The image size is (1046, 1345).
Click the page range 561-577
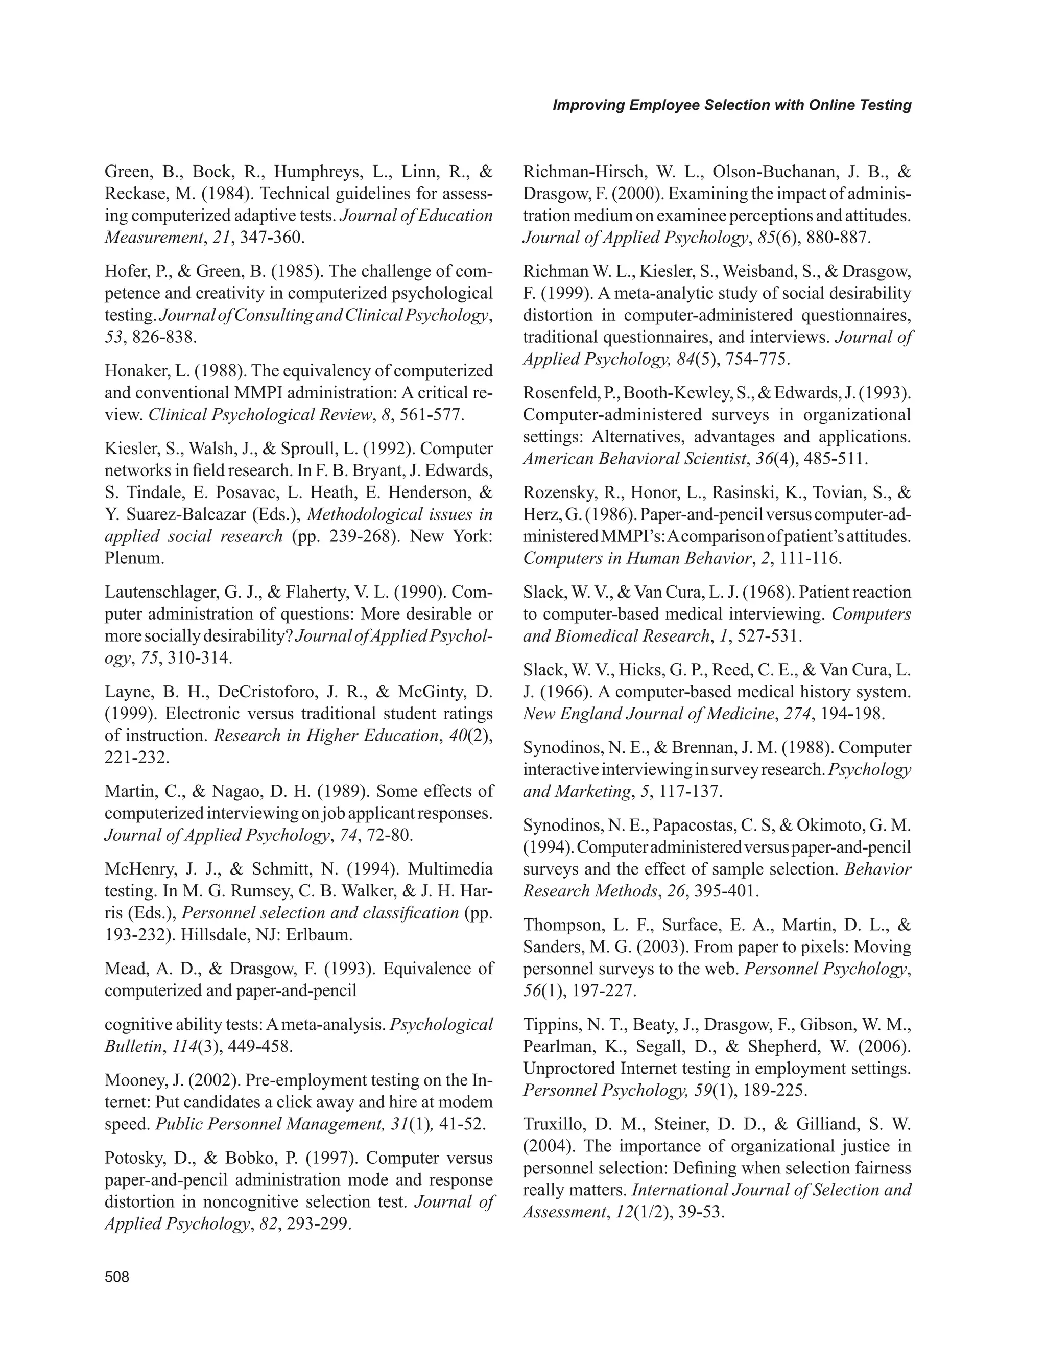[x=431, y=415]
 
